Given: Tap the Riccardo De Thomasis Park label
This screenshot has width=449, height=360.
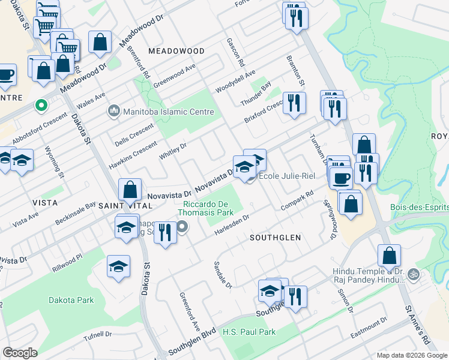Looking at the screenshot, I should pos(216,208).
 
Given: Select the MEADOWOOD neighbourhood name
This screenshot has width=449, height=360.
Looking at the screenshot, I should pos(172,51).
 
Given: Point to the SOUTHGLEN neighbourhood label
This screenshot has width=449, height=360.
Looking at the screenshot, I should pos(275,238).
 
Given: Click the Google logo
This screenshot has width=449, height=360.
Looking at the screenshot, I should pos(20,353).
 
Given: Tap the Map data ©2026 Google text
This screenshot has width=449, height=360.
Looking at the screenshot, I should pos(412,355).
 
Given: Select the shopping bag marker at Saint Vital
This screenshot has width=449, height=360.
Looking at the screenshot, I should pos(130,191).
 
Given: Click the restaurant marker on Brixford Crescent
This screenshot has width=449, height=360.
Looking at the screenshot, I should pos(294,103).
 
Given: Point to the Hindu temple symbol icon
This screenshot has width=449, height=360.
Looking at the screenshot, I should pos(412,275).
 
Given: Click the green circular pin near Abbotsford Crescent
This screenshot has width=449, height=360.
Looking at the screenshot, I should pos(41,106).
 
